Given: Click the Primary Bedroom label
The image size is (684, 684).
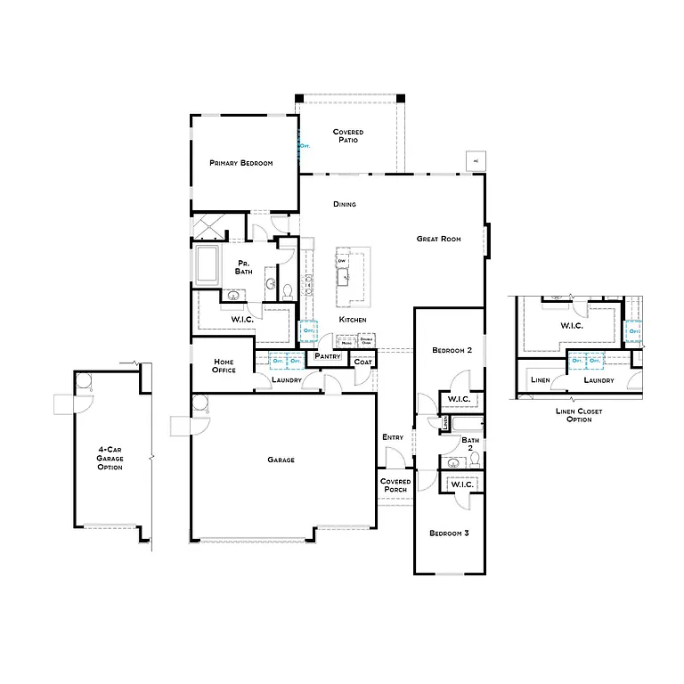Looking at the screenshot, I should (x=240, y=163).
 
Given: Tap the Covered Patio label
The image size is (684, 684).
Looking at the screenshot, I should (x=348, y=136).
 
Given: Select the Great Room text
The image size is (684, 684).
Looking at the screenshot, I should (x=438, y=239).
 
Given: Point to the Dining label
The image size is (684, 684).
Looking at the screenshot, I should (x=345, y=204).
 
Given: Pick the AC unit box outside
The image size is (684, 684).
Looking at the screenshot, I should (x=476, y=160).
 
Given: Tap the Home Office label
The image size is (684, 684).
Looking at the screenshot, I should (x=224, y=365).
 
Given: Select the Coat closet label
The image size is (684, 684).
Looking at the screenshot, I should (x=362, y=362).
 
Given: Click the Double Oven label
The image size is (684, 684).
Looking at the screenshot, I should (x=366, y=341).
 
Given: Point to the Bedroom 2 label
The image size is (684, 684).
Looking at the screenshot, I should (x=450, y=350).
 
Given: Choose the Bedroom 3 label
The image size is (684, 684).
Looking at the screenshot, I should (x=449, y=533).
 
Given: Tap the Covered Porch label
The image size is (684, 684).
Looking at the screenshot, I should (x=395, y=485).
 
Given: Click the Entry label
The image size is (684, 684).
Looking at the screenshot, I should (x=393, y=437).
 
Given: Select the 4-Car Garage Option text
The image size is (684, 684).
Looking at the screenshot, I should (x=110, y=459).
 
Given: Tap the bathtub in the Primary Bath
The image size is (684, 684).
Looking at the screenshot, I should (x=208, y=265).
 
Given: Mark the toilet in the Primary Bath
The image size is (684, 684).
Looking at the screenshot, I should (x=287, y=290).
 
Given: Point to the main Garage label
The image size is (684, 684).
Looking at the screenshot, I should (x=281, y=460).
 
